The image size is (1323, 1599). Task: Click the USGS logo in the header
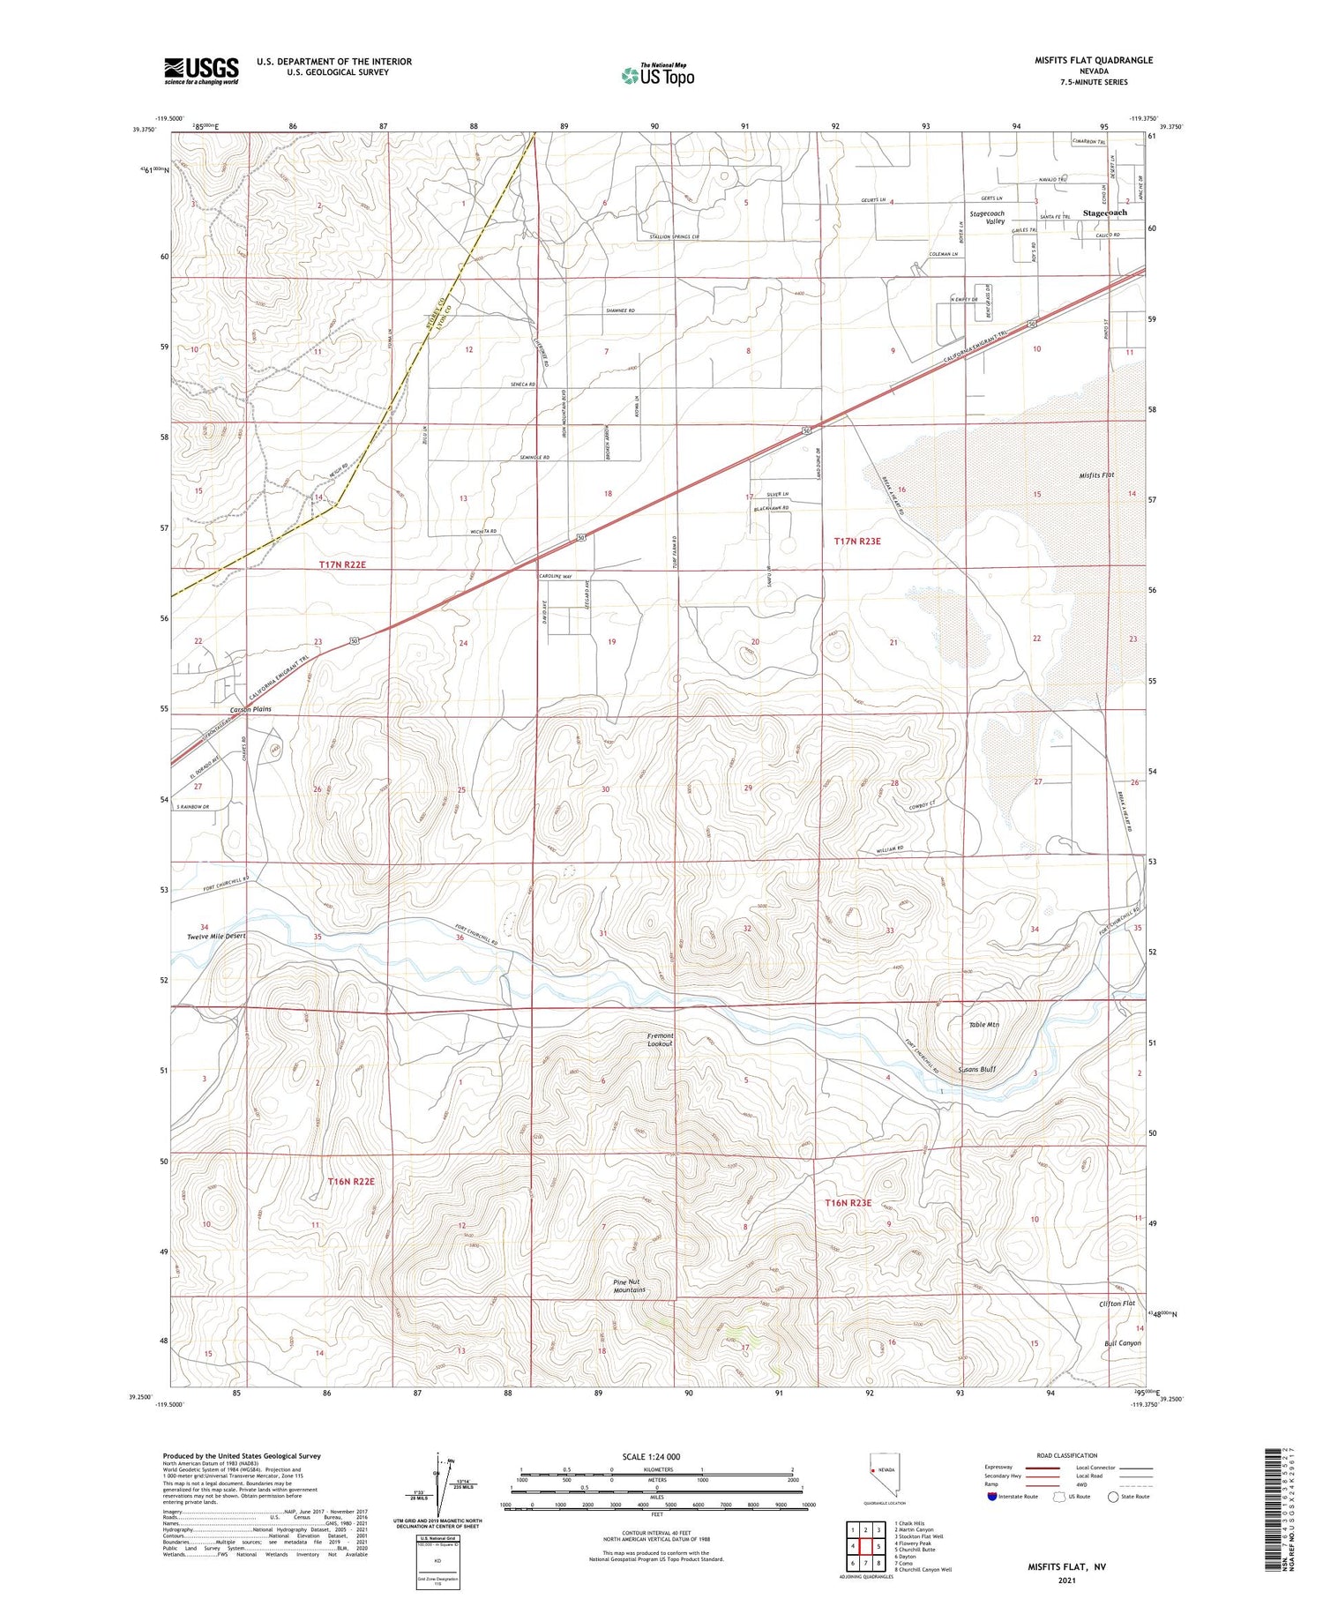(201, 71)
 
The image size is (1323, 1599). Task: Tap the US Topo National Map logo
(658, 75)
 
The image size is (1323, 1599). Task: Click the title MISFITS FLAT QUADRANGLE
(1094, 60)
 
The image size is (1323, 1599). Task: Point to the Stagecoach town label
(1104, 213)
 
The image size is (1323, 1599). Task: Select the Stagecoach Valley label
(987, 218)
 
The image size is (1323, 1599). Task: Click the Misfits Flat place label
(1096, 475)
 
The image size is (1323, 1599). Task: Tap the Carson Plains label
(251, 709)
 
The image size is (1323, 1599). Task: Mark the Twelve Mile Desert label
(216, 936)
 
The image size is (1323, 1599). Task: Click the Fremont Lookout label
(660, 1040)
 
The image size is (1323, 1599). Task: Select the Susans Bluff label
(976, 1069)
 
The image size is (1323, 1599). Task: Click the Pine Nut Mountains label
(630, 1285)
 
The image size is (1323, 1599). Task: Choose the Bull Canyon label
(1122, 1343)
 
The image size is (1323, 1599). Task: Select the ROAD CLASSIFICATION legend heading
(1066, 1455)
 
